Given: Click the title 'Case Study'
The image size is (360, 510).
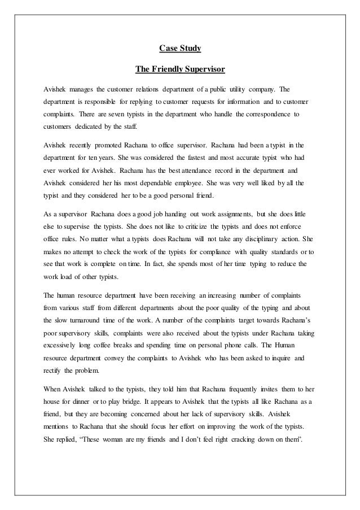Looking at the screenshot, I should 180,50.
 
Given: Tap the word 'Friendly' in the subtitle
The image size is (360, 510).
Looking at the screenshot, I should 170,70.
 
